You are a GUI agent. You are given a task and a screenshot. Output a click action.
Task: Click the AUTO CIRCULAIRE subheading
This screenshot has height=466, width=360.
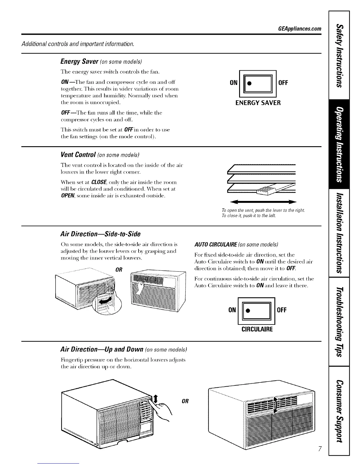216,245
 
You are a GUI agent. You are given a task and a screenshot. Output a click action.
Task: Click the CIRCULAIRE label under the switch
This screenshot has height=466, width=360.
257,329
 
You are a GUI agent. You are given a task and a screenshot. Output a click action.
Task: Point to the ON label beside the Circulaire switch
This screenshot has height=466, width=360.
232,310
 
